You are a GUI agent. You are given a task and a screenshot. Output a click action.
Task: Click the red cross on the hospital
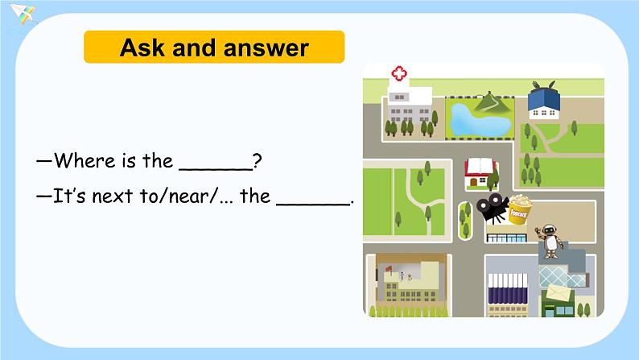399,74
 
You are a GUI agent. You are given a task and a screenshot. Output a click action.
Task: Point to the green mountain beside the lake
493,103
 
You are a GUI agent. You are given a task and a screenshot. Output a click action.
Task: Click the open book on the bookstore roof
479,166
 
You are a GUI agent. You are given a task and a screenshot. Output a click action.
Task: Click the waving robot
550,239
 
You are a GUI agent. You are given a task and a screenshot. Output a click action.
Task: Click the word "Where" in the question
85,161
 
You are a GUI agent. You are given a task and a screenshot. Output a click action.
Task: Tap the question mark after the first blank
257,161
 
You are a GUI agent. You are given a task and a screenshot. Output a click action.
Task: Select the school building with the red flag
406,282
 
